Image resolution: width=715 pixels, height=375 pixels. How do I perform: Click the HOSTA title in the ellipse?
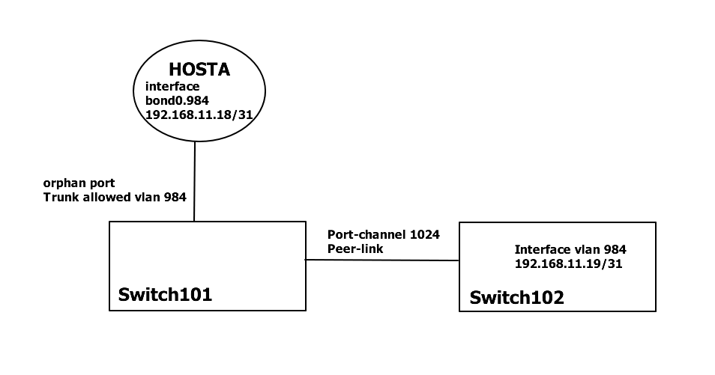(x=199, y=70)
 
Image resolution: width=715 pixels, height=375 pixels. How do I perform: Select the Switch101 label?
(x=165, y=294)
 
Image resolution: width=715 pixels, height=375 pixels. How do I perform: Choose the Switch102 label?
(x=516, y=298)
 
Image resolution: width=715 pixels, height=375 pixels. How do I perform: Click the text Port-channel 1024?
(x=383, y=234)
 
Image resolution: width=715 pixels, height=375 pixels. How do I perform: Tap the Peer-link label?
(x=355, y=248)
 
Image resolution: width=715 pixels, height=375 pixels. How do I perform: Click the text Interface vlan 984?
(x=570, y=250)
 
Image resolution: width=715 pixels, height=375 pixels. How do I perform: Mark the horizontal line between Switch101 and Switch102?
(x=381, y=260)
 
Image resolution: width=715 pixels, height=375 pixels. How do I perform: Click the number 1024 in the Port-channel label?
(x=424, y=234)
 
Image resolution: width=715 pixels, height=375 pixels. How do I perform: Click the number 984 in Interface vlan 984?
(x=614, y=250)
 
